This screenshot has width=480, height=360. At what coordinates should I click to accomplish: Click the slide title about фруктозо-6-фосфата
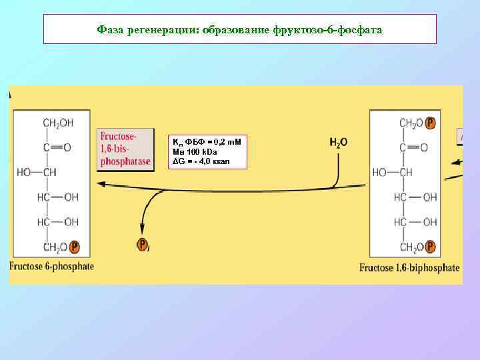pos(239,30)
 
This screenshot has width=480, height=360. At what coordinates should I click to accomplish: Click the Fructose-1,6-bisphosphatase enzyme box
pos(124,149)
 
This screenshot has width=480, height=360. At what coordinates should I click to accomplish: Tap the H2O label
pos(338,142)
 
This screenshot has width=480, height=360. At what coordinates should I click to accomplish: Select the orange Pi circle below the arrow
pos(142,245)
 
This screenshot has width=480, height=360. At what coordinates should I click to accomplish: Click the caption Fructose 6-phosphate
pos(52,266)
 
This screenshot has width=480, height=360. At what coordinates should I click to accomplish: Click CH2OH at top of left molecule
pos(58,123)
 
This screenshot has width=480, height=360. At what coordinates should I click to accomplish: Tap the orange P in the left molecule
pos(74,247)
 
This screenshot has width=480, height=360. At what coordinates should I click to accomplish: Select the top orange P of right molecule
pos(431,123)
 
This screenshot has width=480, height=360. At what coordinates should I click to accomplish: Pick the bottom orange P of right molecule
pos(431,247)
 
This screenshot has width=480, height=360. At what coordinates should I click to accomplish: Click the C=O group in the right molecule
pos(413,147)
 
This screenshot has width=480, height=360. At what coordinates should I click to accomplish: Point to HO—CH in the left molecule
pos(37,172)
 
